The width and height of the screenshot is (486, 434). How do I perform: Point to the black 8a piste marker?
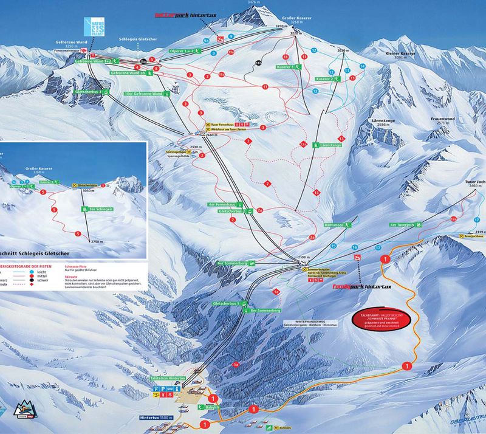pyautogui.click(x=144, y=61)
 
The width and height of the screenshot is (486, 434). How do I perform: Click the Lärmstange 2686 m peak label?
pyautogui.click(x=383, y=123)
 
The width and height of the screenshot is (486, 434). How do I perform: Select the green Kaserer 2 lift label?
pyautogui.click(x=328, y=79)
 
